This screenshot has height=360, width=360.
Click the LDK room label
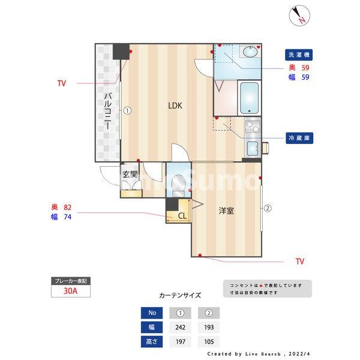(175, 106)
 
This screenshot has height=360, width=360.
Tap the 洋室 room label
(226, 211)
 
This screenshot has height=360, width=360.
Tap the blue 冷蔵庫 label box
(299, 137)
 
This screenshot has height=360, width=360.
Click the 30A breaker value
(71, 292)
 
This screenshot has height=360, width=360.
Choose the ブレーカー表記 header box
(71, 281)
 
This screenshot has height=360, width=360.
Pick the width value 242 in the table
(181, 328)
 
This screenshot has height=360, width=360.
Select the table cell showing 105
(209, 342)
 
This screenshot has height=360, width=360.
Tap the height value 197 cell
(181, 342)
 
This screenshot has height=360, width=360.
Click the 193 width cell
(209, 328)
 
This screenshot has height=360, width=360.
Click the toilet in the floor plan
(178, 184)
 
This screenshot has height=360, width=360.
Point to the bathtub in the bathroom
(248, 98)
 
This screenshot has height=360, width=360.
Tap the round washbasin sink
(250, 53)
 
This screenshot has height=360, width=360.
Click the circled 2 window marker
(268, 208)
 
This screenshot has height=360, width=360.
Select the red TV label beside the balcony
(62, 83)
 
